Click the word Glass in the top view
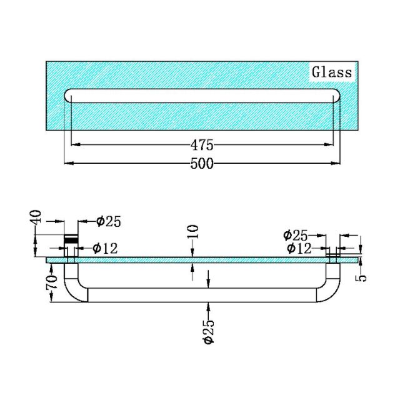[x=332, y=72]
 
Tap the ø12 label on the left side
[x=104, y=248]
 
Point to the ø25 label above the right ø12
[x=295, y=235]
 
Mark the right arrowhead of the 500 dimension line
[x=338, y=164]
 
